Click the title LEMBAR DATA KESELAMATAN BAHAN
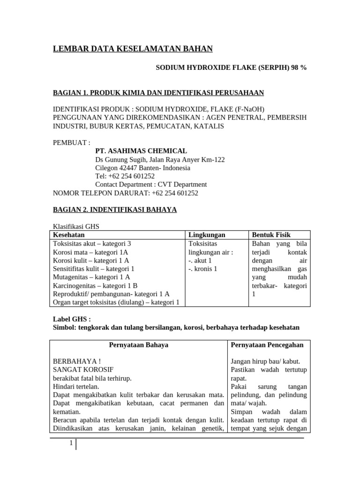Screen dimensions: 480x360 point(132,49)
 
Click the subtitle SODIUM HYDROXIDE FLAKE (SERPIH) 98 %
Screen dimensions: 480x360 point(231,67)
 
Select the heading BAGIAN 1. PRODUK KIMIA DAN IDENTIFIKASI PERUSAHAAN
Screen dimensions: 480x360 point(158,93)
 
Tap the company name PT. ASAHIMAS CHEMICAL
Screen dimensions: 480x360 point(141,151)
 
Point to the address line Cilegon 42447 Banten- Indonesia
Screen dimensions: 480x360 point(142,168)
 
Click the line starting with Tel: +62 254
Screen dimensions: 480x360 point(125,176)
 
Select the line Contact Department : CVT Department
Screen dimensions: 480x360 point(150,185)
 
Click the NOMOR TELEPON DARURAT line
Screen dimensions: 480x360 point(126,193)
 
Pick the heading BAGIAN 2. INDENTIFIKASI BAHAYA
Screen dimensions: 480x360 point(114,210)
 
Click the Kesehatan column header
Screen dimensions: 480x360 point(69,235)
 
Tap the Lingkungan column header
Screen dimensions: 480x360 point(207,235)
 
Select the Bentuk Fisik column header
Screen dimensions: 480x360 point(271,235)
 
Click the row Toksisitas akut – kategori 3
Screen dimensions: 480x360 point(92,244)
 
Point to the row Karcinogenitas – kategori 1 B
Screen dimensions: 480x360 point(95,285)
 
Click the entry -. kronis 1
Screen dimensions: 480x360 point(202,269)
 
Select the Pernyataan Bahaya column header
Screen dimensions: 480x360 point(138,345)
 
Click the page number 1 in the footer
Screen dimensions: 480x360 point(70,443)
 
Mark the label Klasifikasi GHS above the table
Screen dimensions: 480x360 point(76,226)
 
